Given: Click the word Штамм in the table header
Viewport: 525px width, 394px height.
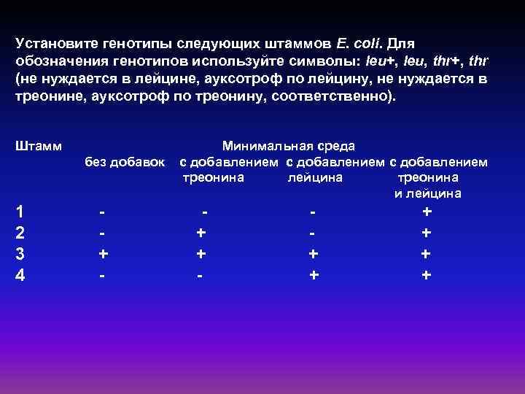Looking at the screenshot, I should [x=38, y=146].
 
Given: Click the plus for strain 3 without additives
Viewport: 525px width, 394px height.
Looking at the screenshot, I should [x=104, y=255].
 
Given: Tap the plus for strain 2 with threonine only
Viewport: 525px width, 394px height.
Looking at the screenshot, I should [x=201, y=233].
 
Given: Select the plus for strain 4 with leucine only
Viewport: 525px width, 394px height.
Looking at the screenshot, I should [x=314, y=276].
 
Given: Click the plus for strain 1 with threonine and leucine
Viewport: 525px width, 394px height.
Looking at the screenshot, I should [x=427, y=212].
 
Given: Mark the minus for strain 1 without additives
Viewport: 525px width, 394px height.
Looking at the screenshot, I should [x=104, y=212].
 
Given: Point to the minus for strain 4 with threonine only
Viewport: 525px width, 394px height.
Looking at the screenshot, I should [x=200, y=276].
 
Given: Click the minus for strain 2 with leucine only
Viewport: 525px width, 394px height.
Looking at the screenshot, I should [x=314, y=233].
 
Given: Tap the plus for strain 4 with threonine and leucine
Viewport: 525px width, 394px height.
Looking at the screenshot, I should [x=427, y=276].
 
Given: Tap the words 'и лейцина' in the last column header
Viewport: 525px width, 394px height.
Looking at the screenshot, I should [x=427, y=193].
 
